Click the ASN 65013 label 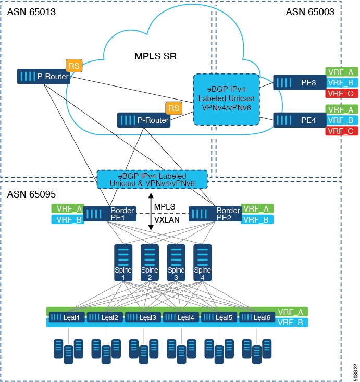click(x=31, y=12)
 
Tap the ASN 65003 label click(x=310, y=12)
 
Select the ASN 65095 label click(x=31, y=194)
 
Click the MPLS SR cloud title click(x=155, y=56)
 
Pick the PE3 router click(x=300, y=82)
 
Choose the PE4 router click(x=300, y=120)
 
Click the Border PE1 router click(x=110, y=214)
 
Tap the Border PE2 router click(x=215, y=214)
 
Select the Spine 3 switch click(x=176, y=263)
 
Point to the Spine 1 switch click(x=123, y=263)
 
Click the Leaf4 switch click(x=181, y=317)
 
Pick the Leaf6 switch click(x=257, y=317)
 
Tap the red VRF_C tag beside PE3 click(x=342, y=94)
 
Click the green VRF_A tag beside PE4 click(x=342, y=109)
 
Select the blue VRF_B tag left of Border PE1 click(x=68, y=219)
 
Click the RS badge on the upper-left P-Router click(x=74, y=66)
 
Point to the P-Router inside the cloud click(x=144, y=120)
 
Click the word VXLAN click(x=167, y=220)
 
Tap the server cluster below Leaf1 click(x=68, y=351)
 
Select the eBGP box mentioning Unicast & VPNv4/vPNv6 click(x=152, y=180)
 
